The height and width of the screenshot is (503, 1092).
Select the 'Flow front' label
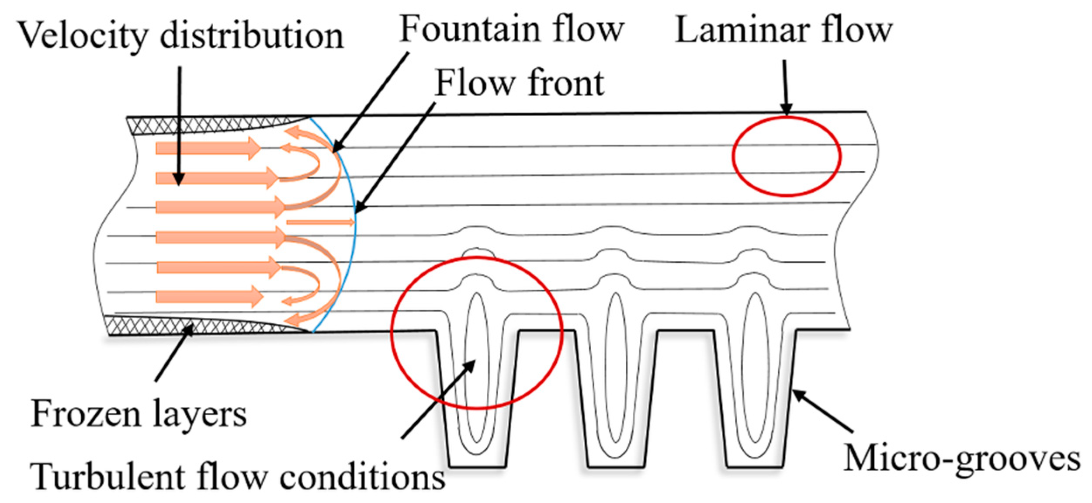click(x=520, y=83)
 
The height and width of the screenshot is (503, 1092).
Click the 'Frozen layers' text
click(x=139, y=414)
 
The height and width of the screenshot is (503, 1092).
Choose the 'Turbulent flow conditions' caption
click(x=237, y=477)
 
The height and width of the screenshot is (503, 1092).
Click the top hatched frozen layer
click(x=210, y=125)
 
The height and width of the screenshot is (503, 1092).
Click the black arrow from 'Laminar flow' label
click(x=785, y=87)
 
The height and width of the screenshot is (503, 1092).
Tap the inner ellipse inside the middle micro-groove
click(x=616, y=367)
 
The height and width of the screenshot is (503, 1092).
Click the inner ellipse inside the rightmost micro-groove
click(x=755, y=367)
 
